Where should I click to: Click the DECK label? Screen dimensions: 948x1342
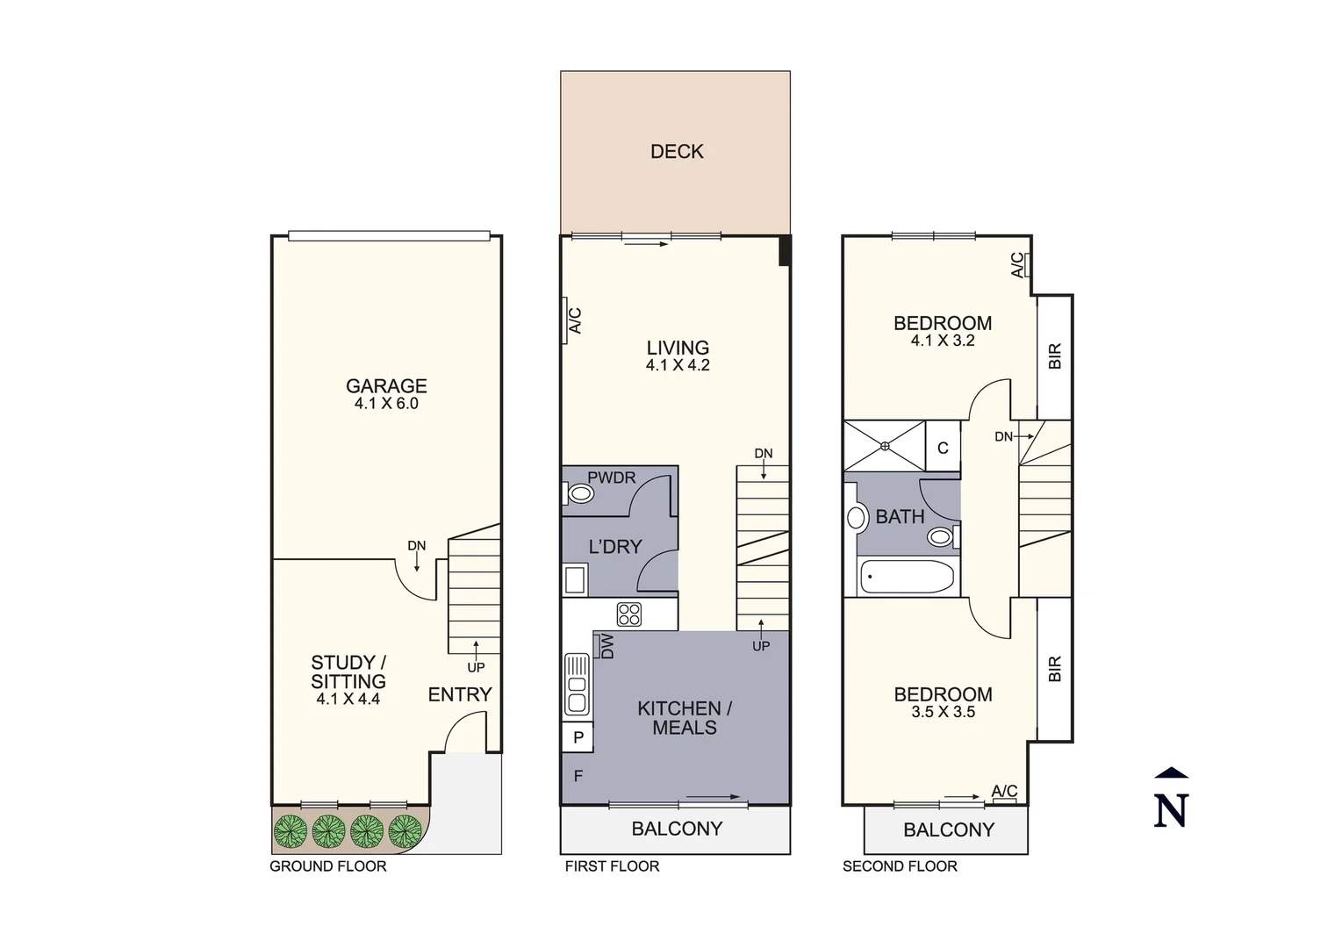pyautogui.click(x=677, y=152)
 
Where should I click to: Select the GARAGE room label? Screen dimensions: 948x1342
pyautogui.click(x=386, y=386)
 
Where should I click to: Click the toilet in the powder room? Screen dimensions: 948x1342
pyautogui.click(x=579, y=494)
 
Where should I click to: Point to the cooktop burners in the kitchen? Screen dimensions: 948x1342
pyautogui.click(x=628, y=614)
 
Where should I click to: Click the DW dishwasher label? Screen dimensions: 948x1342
pyautogui.click(x=606, y=647)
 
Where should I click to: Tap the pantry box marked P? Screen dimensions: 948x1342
pyautogui.click(x=578, y=737)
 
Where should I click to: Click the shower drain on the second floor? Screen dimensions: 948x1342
pyautogui.click(x=885, y=446)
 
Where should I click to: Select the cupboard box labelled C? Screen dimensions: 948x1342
pyautogui.click(x=943, y=448)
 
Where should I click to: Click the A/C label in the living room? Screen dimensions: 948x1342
pyautogui.click(x=575, y=320)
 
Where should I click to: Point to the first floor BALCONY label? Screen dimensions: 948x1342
pyautogui.click(x=677, y=829)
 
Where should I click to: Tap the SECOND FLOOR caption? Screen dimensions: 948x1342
pyautogui.click(x=900, y=866)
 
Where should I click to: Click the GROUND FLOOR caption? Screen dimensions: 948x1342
pyautogui.click(x=327, y=866)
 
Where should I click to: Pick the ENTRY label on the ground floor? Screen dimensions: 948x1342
pyautogui.click(x=460, y=694)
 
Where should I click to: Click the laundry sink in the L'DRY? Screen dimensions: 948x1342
pyautogui.click(x=576, y=580)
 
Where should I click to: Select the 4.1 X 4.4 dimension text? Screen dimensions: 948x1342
pyautogui.click(x=348, y=700)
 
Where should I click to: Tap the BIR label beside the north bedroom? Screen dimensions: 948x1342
pyautogui.click(x=1055, y=355)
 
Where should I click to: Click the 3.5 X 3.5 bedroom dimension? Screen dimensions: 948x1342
pyautogui.click(x=943, y=712)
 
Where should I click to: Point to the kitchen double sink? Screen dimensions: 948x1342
pyautogui.click(x=576, y=684)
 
